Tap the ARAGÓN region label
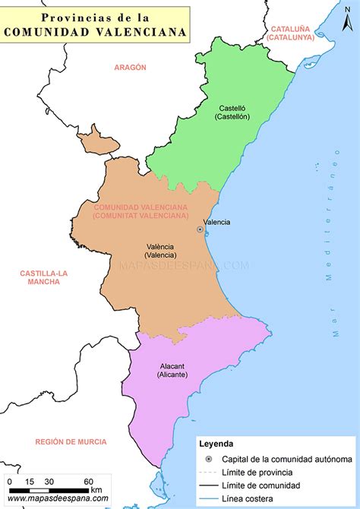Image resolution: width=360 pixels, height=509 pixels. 130,68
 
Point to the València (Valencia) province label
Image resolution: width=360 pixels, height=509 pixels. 160,251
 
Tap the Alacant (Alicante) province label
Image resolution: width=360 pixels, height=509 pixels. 172,370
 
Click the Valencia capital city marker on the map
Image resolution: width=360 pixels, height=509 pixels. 200,229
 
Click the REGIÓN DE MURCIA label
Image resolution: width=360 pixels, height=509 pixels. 71,441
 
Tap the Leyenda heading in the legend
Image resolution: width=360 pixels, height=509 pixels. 216,443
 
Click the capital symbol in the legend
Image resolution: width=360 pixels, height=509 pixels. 208,459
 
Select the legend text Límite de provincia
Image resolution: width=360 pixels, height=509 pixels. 257,472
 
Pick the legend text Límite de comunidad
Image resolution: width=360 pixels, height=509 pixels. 261,485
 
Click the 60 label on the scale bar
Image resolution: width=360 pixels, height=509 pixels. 88,481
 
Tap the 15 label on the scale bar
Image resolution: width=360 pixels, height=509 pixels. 29,481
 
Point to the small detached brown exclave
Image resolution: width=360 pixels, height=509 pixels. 94,141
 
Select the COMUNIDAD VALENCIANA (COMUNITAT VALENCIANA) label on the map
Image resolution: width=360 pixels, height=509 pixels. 141,211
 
